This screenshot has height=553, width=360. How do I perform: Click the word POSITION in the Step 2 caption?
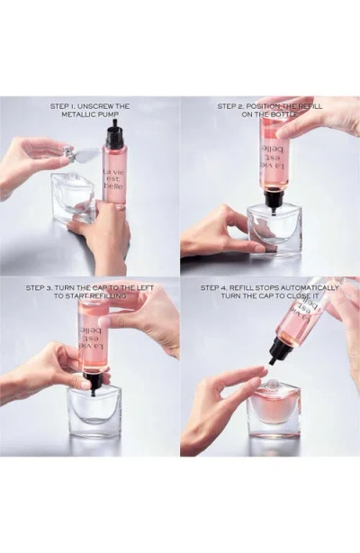click(274, 106)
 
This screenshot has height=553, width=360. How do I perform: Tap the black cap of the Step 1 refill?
click(114, 137)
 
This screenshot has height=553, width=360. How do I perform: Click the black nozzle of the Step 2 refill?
click(274, 198)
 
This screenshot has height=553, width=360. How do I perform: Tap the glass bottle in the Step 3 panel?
click(94, 412)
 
